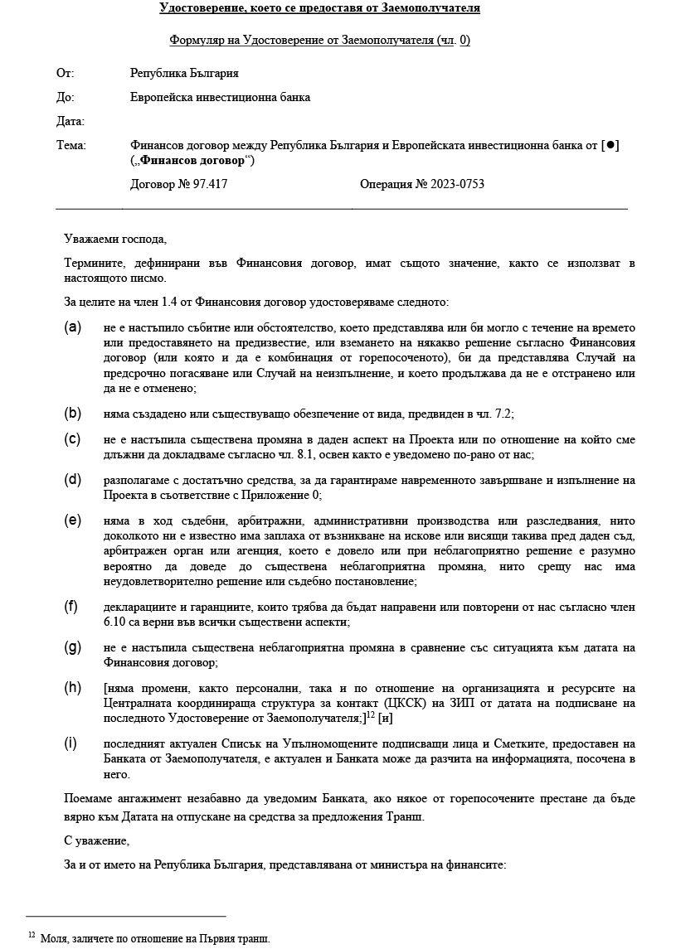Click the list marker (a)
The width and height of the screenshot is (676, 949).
click(73, 327)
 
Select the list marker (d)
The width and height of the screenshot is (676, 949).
click(73, 479)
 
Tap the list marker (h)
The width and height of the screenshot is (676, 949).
click(73, 687)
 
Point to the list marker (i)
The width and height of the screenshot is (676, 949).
click(72, 743)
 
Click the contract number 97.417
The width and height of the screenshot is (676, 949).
click(208, 184)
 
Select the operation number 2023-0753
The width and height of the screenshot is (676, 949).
click(457, 184)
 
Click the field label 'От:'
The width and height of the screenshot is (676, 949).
click(65, 74)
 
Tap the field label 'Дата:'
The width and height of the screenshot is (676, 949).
click(71, 121)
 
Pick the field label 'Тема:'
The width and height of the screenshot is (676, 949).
click(71, 145)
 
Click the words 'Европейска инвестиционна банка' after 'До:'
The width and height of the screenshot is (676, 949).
click(220, 97)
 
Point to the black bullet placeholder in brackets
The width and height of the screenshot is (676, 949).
click(610, 145)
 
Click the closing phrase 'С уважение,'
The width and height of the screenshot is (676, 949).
click(96, 840)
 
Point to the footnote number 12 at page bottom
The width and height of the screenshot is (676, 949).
click(32, 936)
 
